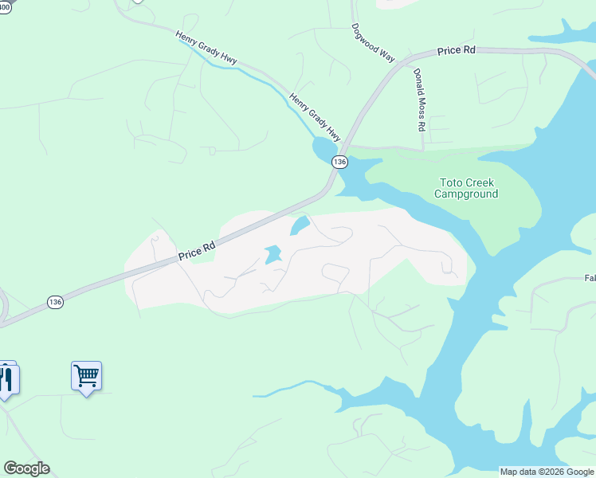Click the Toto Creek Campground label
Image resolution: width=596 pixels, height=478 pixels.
tap(466, 188)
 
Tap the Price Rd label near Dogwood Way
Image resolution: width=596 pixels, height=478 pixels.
tap(457, 50)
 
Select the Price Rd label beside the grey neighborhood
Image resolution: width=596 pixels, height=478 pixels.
tap(197, 252)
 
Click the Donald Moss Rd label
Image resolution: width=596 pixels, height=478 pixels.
tap(420, 100)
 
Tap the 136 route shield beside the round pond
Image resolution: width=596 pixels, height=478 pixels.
tap(340, 162)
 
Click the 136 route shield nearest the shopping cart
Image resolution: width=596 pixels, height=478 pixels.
tap(54, 302)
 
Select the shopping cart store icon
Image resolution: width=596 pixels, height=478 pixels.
tap(86, 376)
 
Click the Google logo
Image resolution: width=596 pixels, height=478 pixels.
tap(26, 468)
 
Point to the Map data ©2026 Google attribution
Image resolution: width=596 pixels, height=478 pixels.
tap(547, 472)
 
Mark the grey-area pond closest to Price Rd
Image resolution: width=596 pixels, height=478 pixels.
tap(300, 226)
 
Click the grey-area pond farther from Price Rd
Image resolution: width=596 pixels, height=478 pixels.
tap(273, 255)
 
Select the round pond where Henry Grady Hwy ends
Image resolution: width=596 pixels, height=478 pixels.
tap(324, 148)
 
